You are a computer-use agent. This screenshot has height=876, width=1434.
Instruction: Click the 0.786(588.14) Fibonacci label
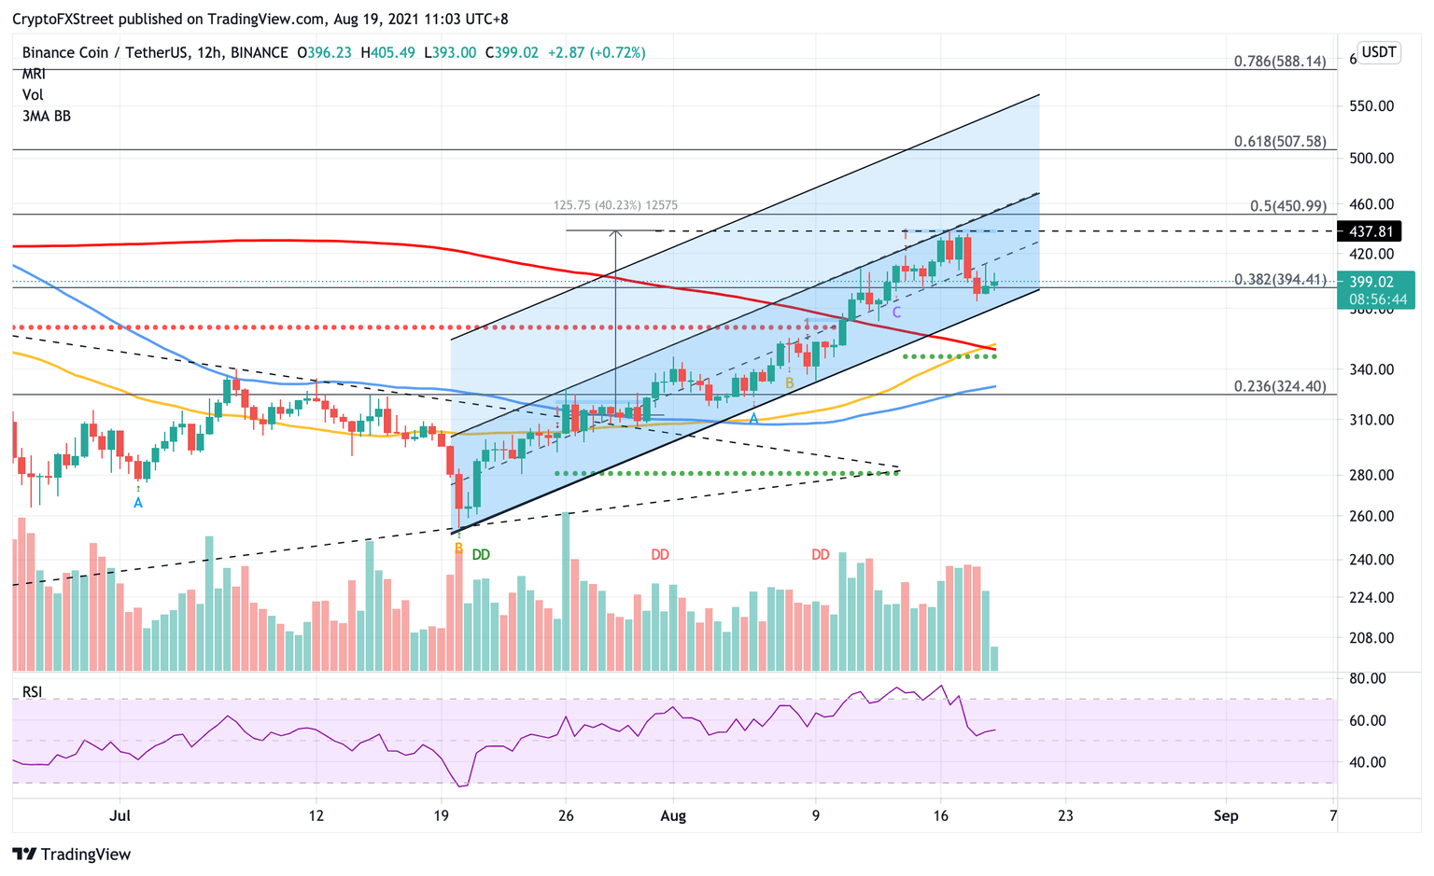tap(1279, 62)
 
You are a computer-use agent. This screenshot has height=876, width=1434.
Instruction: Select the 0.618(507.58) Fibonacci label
tap(1279, 142)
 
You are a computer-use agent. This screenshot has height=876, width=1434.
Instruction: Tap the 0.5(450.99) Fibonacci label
tap(1287, 206)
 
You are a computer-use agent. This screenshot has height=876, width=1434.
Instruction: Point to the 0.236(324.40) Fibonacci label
tap(1279, 386)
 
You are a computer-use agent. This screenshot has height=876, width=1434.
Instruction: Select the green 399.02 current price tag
tap(1376, 282)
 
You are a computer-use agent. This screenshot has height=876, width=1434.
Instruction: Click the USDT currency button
tap(1378, 52)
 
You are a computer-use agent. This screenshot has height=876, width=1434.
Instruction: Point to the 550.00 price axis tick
tap(1371, 106)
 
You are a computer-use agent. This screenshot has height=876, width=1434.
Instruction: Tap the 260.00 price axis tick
tap(1371, 516)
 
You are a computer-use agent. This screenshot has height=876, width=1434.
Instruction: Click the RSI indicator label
tap(33, 692)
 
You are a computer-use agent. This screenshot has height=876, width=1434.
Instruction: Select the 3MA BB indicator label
tap(47, 117)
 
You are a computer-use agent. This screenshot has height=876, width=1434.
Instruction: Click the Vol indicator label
tap(33, 95)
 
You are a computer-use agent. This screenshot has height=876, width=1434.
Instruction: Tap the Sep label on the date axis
tap(1226, 816)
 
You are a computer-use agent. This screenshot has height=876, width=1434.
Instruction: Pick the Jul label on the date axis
tap(119, 816)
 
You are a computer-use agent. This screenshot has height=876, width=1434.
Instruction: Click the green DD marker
tap(481, 555)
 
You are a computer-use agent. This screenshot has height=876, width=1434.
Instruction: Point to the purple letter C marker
tap(896, 313)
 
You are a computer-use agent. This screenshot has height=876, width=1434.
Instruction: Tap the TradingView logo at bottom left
tap(72, 855)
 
